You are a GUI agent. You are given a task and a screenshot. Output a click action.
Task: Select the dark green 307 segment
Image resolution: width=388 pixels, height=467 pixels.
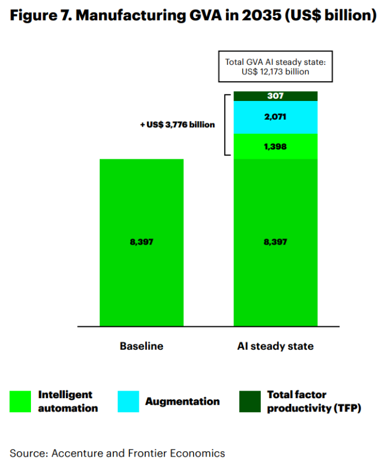(275, 96)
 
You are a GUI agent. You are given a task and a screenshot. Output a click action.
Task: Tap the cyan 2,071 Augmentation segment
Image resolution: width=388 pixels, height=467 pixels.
(275, 117)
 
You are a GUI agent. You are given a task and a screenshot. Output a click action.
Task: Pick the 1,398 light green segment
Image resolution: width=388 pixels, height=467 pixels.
(275, 146)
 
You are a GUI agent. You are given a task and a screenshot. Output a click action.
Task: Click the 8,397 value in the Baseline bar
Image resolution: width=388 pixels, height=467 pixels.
(142, 242)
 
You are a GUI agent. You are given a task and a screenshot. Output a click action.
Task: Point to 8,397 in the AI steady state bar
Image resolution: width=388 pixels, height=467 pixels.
(275, 242)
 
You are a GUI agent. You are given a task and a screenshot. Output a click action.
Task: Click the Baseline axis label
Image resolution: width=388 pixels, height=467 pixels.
(142, 346)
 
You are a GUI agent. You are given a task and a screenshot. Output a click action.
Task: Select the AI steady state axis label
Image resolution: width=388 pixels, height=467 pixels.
(275, 346)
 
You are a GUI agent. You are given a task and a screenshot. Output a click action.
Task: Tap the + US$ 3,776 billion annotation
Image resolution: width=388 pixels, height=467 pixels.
(177, 124)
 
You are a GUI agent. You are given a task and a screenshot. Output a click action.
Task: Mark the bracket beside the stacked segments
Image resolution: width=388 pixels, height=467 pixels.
(227, 124)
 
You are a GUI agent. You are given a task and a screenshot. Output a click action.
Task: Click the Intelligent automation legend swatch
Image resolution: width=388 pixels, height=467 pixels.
(20, 402)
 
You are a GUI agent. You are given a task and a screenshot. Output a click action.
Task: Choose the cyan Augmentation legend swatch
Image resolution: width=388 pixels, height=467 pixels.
(128, 402)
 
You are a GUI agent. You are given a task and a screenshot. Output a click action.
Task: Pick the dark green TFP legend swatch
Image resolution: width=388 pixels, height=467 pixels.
(250, 402)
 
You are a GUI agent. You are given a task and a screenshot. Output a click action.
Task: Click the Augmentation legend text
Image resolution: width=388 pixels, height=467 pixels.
(183, 402)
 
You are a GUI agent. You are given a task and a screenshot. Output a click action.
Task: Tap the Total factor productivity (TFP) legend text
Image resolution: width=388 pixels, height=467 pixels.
(314, 402)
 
